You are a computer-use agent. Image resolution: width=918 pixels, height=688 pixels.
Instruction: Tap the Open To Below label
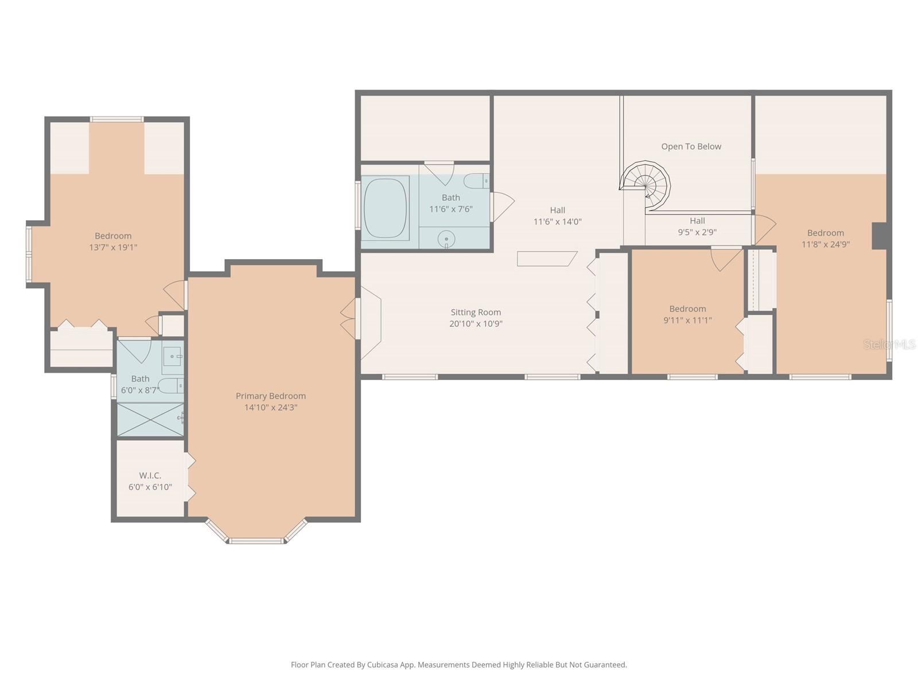[691, 147]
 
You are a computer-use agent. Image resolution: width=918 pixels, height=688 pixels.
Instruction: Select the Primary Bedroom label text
[271, 396]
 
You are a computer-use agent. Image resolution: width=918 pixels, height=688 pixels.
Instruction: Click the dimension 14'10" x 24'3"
[271, 408]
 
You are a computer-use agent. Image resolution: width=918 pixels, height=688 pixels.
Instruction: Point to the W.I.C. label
[150, 475]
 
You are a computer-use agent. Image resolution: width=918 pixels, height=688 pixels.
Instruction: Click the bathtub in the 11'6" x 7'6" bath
[386, 208]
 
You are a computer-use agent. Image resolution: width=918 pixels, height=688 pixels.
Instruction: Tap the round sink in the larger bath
[446, 239]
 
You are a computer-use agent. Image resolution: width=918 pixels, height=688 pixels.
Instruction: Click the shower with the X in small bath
[150, 419]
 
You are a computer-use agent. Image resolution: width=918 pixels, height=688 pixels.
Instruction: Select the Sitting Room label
[476, 312]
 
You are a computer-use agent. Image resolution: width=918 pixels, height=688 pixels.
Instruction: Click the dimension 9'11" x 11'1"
[687, 320]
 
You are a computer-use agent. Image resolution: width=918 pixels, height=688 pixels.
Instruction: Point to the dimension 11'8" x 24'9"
[825, 244]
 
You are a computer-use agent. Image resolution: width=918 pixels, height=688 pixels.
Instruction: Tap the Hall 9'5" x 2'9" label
[697, 226]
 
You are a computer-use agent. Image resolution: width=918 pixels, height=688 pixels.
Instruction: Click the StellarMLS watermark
[889, 344]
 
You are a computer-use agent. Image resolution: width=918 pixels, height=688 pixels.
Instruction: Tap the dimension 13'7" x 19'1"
[113, 248]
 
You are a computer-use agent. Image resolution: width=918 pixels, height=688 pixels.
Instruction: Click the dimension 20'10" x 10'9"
[476, 324]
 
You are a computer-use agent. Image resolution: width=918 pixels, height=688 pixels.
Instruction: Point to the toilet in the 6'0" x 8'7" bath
[170, 386]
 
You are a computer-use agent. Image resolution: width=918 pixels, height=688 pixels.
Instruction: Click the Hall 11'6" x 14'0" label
[557, 216]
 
